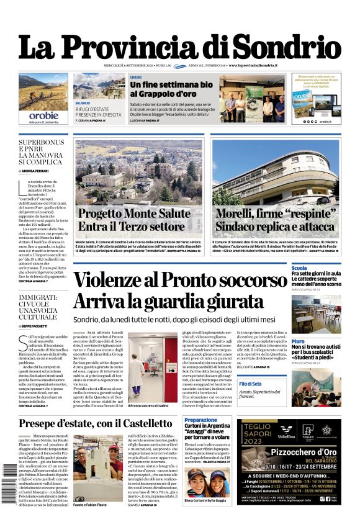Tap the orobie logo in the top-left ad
click(x=43, y=115)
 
